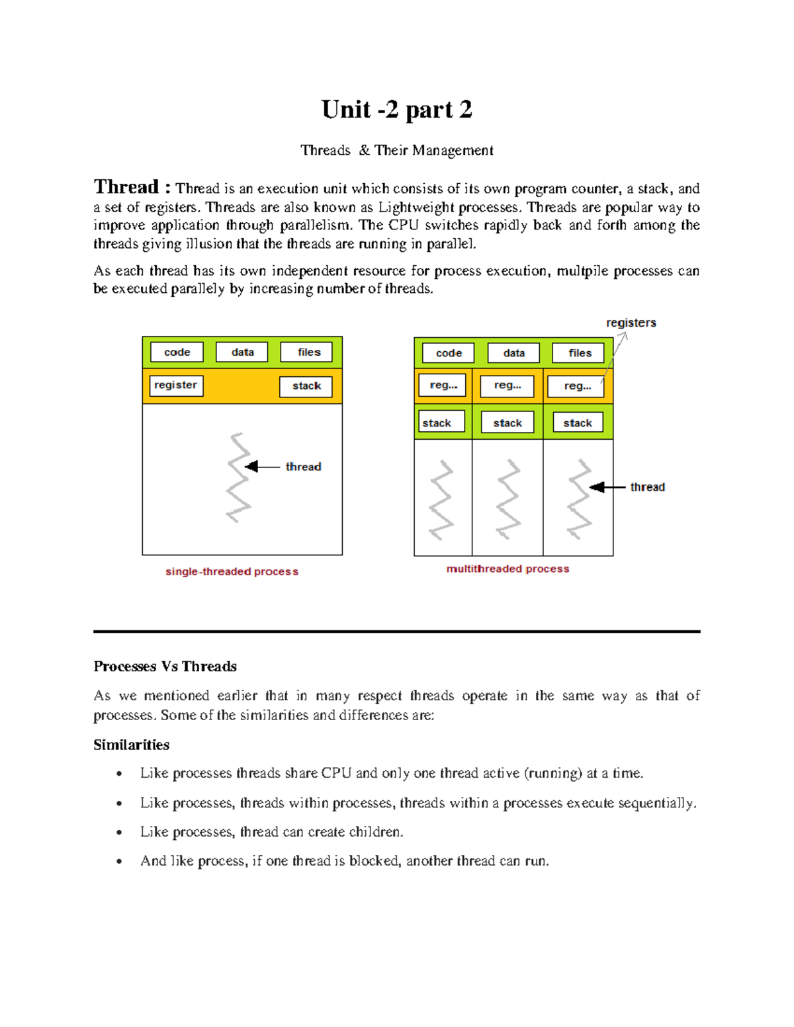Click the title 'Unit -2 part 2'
[x=396, y=110]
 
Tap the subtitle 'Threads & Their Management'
[x=396, y=151]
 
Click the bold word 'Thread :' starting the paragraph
[x=132, y=187]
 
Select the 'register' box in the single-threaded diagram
[x=175, y=386]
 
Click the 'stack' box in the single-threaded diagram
[x=306, y=386]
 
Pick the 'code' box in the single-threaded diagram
[x=177, y=352]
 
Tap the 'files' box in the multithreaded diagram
[x=580, y=353]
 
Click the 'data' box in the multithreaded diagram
[x=513, y=353]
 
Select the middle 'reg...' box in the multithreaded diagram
[x=507, y=386]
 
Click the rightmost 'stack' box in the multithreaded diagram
[x=578, y=423]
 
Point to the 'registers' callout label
[x=631, y=323]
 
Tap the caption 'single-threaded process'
[x=232, y=571]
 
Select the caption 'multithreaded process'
[x=507, y=569]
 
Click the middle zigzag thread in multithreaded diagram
[x=508, y=499]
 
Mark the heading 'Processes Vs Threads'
[x=165, y=667]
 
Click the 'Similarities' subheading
[x=131, y=745]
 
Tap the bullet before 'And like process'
[x=119, y=861]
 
